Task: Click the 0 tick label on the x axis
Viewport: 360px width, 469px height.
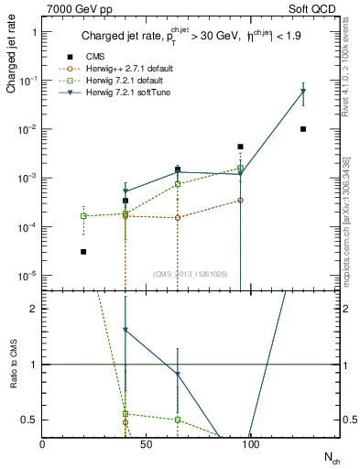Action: [42, 444]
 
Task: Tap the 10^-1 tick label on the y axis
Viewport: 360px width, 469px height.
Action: [28, 81]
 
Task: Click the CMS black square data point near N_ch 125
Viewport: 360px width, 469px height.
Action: [303, 129]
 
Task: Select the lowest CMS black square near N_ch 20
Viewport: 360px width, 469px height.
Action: [83, 251]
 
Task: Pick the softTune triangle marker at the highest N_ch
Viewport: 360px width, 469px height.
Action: [303, 92]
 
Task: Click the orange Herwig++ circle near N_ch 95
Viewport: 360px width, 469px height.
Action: [240, 200]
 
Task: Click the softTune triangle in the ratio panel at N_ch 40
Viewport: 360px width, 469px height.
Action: [125, 330]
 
